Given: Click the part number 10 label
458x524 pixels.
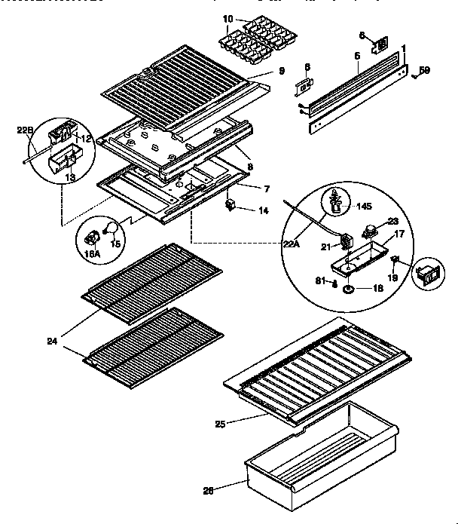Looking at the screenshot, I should [x=227, y=17].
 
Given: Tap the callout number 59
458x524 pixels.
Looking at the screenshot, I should [x=424, y=71].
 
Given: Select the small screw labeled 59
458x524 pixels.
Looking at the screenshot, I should [x=414, y=75].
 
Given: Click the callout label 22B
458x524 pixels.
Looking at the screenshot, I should [x=25, y=130].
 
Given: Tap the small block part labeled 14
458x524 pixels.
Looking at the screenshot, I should [x=231, y=205].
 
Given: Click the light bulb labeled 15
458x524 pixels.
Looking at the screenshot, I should [x=108, y=228].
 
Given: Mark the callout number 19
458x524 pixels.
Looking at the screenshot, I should [x=392, y=278].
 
